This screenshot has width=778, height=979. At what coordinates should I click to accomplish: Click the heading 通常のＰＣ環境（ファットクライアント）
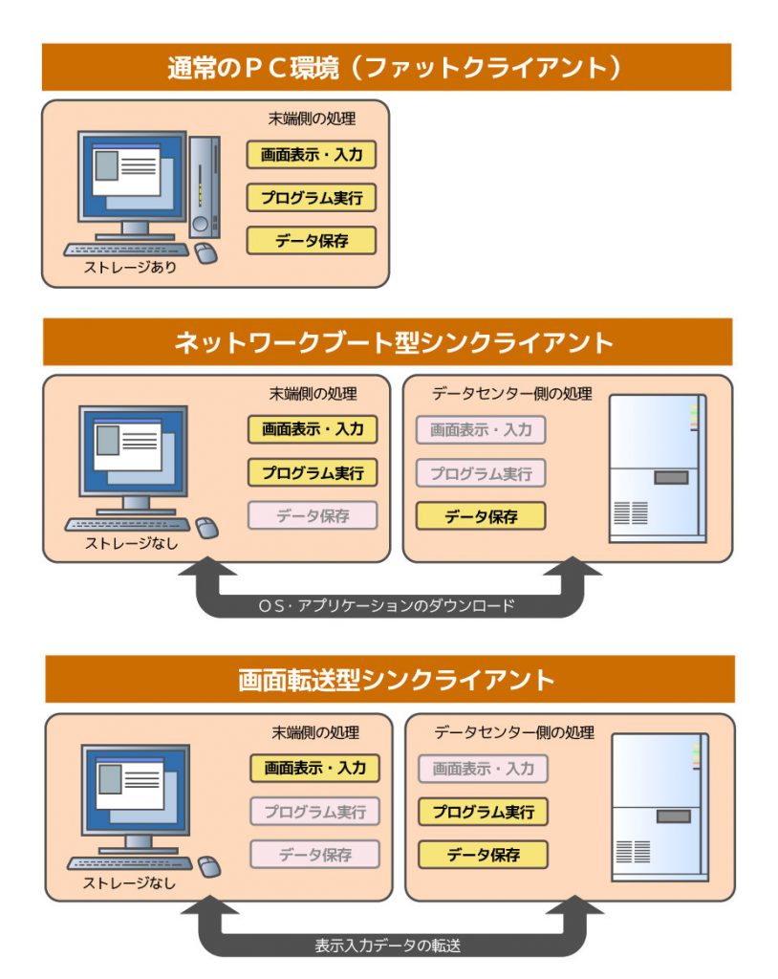point(386,68)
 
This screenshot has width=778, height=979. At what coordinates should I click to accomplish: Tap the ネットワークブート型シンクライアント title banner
point(386,342)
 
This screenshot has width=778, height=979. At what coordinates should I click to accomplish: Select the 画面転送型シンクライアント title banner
point(388,680)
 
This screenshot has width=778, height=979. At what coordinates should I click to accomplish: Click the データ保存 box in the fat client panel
point(312,241)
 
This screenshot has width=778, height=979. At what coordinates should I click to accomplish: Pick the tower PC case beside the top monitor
point(203,186)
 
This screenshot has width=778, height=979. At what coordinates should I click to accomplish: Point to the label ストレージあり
point(131,269)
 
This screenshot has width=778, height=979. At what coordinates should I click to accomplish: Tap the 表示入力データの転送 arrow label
point(388,946)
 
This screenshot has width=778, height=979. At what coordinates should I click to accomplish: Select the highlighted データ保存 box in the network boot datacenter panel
point(481,517)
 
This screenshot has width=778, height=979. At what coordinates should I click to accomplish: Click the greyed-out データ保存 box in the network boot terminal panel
point(313,516)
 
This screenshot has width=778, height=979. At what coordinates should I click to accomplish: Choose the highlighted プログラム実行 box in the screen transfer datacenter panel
point(484,813)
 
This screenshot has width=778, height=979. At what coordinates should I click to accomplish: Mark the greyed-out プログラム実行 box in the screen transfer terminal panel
point(315,813)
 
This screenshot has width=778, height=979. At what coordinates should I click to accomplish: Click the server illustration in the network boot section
point(658,469)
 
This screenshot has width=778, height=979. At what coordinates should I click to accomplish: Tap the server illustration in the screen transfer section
point(660,808)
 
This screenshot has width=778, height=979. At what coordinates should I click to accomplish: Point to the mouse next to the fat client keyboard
point(205,253)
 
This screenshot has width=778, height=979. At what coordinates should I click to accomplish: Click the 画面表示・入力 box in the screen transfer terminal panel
point(315,768)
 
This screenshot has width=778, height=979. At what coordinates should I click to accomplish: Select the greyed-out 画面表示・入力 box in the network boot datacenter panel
point(481,430)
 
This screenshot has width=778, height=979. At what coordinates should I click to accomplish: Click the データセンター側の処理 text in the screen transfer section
point(514,733)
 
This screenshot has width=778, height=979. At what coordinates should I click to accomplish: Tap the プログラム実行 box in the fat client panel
point(312,198)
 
